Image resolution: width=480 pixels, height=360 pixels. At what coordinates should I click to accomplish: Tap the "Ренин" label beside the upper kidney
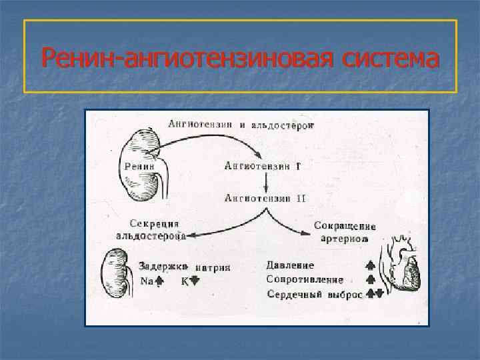point(139,166)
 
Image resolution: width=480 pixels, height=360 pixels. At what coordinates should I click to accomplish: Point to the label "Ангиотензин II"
point(265,198)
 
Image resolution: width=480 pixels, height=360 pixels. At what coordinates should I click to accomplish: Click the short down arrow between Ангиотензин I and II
point(266,181)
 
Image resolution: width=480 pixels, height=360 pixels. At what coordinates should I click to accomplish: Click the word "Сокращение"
point(344,225)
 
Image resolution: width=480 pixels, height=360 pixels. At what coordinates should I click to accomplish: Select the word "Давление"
point(291,265)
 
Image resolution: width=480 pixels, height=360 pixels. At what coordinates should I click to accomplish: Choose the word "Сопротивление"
point(305,279)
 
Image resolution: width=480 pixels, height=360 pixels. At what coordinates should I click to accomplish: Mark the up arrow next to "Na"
point(159,281)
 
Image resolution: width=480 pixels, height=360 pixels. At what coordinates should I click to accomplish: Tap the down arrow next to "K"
point(195,281)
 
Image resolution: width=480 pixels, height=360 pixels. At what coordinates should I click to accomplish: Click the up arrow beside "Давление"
point(371,265)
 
